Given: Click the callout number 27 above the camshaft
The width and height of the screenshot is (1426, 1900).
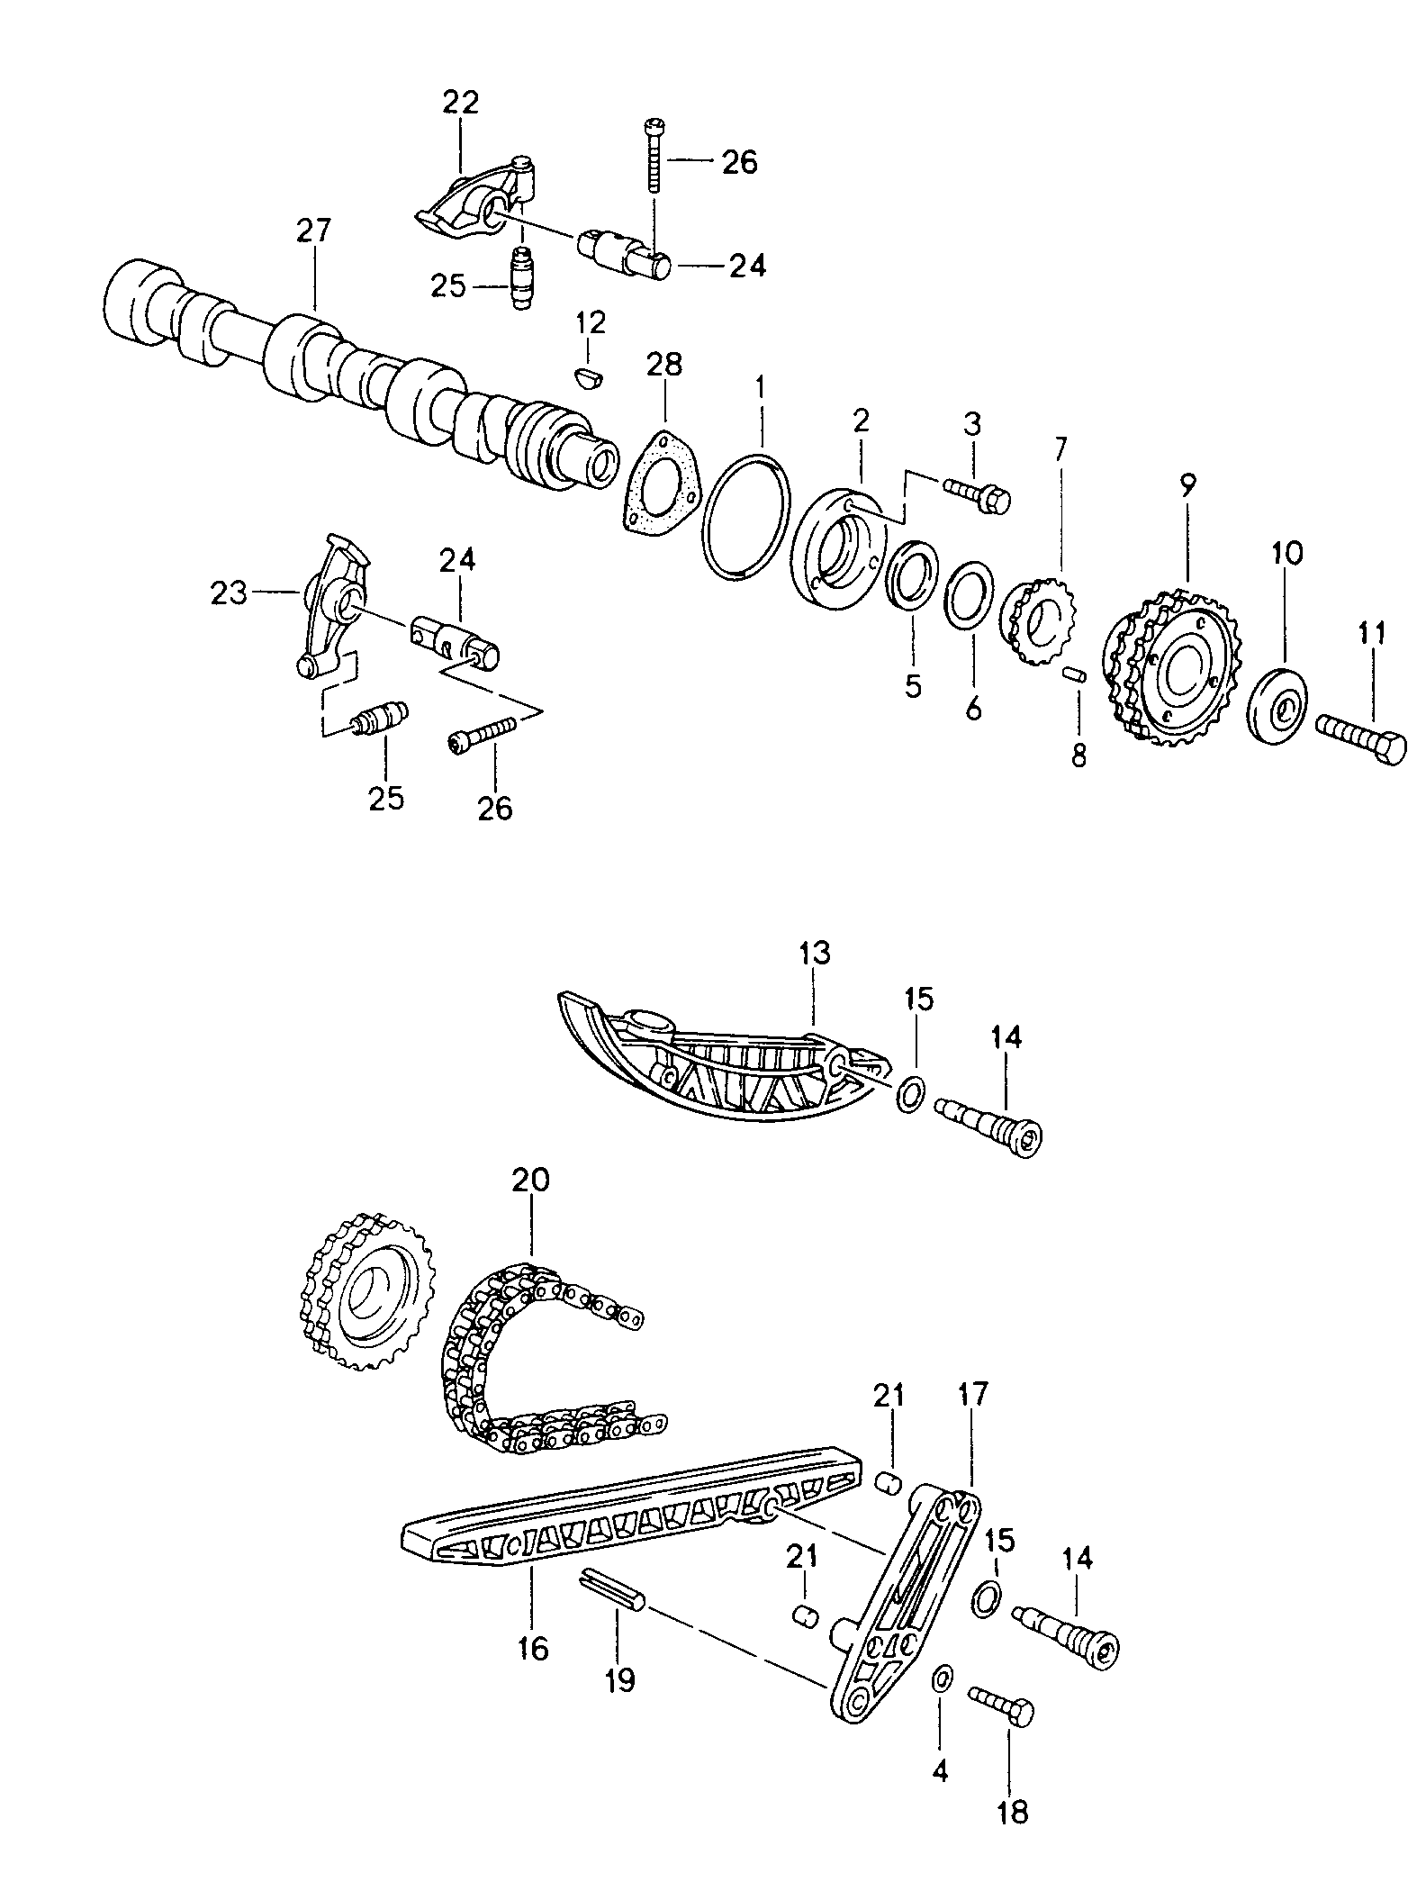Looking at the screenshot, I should (x=314, y=231).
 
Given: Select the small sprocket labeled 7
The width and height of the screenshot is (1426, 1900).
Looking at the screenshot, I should (x=1037, y=620).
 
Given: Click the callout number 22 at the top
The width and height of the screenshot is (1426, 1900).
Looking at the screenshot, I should (x=460, y=103).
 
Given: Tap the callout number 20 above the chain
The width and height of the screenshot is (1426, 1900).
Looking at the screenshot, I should (x=530, y=1179).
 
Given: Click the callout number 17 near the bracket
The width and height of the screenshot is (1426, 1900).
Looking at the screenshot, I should (x=973, y=1395).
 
